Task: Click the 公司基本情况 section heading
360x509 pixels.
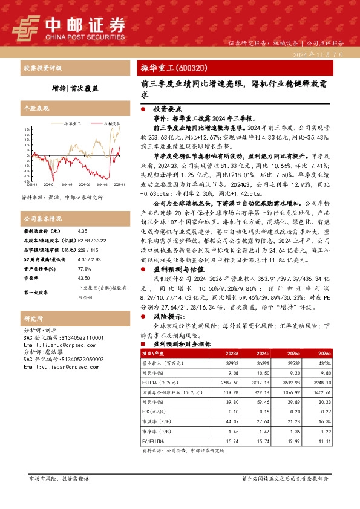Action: coord(42,218)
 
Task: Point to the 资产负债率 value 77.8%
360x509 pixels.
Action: coord(85,268)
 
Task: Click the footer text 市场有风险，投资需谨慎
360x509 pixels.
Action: coord(58,478)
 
